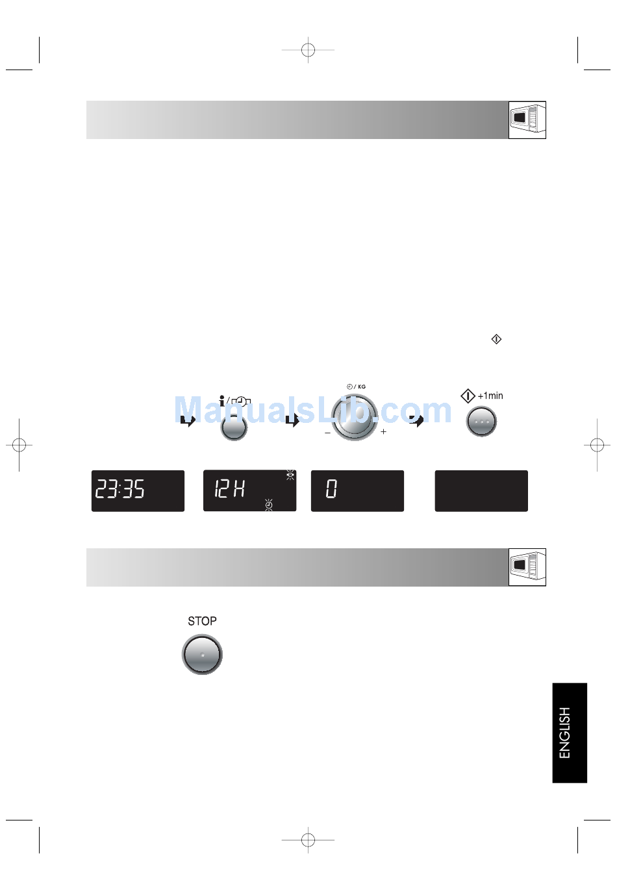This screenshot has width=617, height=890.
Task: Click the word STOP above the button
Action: (x=202, y=621)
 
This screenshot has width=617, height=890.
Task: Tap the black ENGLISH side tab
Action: (x=570, y=732)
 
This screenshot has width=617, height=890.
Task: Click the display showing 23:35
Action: (x=138, y=490)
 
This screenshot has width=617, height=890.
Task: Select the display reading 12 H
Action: (x=249, y=490)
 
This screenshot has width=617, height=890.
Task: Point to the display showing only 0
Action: (x=358, y=490)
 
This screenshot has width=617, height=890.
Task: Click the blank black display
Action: (x=481, y=490)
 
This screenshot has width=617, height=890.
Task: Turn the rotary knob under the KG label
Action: (x=355, y=417)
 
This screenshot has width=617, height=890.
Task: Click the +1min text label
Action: (x=490, y=396)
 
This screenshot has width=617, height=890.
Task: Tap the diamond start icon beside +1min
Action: (x=468, y=396)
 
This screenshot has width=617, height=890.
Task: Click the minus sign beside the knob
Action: (x=328, y=433)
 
